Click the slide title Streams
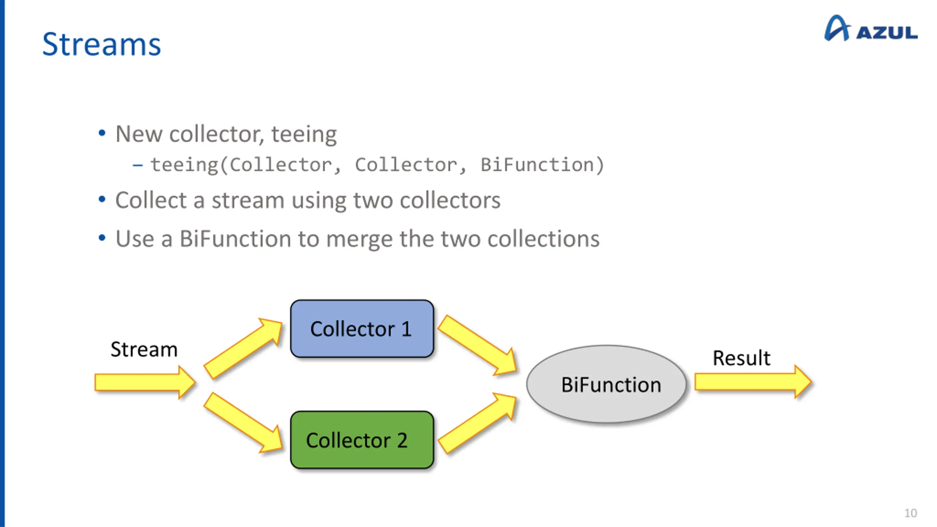coord(101,44)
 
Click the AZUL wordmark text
coord(887,33)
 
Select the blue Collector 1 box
coord(362,329)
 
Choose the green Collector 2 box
coord(362,440)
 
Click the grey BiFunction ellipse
coord(606,384)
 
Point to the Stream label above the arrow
coord(144,349)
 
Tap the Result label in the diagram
coord(742,358)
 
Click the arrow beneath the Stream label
coord(145,382)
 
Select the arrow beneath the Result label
coord(753,382)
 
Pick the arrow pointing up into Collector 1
coord(243,348)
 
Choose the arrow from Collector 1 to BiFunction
coord(477,345)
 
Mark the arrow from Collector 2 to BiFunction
coord(477,423)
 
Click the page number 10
coord(911,513)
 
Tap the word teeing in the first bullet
coord(304,135)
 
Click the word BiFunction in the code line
coord(537,165)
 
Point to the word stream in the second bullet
coord(248,201)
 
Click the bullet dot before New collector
coord(102,133)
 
